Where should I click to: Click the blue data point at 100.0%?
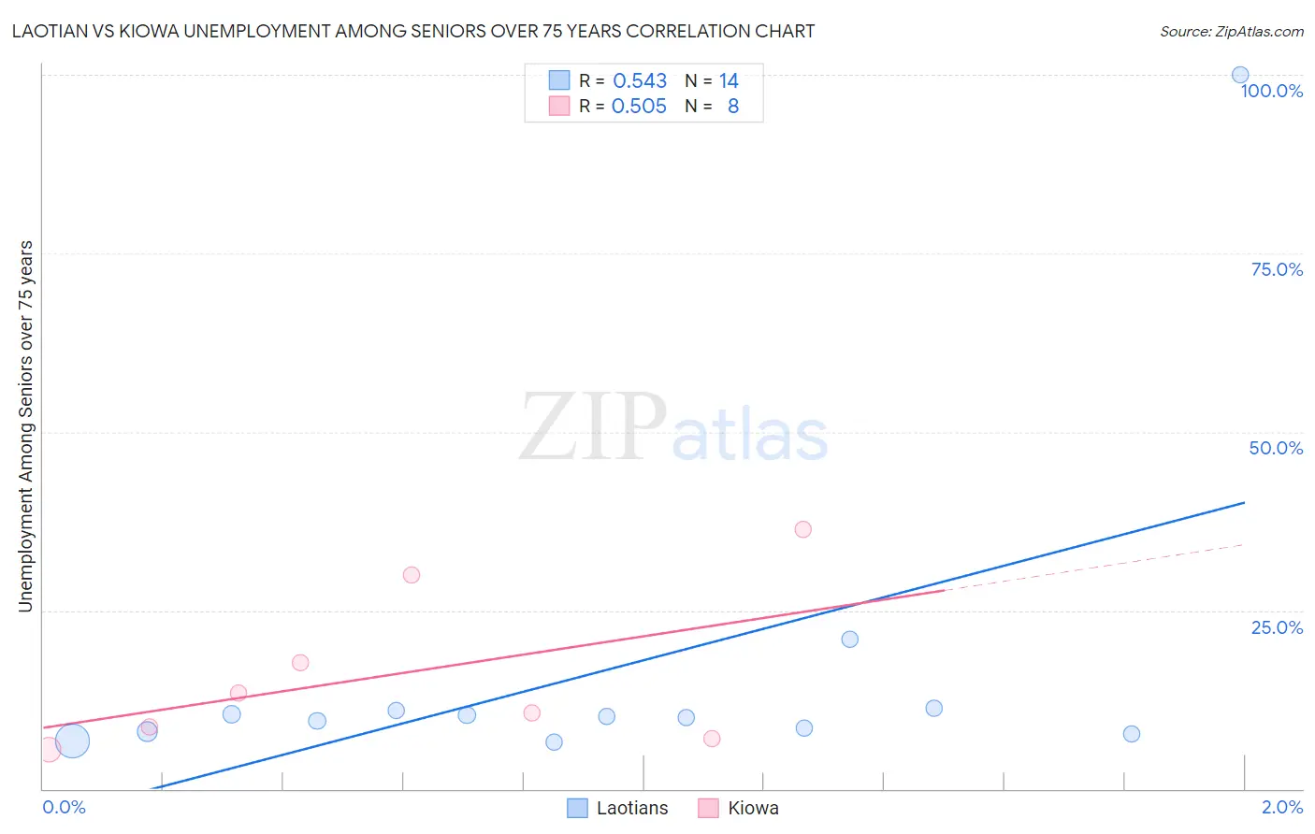click(x=1239, y=75)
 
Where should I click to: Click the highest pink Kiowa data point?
click(x=802, y=529)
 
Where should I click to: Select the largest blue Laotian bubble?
click(x=72, y=741)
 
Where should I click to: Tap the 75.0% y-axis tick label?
click(x=1277, y=269)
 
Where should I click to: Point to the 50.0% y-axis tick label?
click(x=1276, y=448)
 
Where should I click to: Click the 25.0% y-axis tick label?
click(x=1277, y=627)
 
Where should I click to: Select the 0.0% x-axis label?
click(x=64, y=807)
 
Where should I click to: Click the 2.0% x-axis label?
click(x=1282, y=807)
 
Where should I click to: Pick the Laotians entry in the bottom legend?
click(x=632, y=808)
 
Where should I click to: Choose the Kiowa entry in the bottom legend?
click(x=753, y=808)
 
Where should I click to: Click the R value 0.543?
click(x=640, y=81)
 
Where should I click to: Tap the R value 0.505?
click(x=639, y=107)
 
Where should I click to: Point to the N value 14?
click(x=729, y=81)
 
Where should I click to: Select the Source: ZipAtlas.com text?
click(x=1231, y=31)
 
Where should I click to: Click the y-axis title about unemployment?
click(x=25, y=426)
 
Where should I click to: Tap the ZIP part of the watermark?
click(x=592, y=427)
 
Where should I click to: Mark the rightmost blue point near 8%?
click(x=1131, y=734)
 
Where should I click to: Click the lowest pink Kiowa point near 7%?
click(x=712, y=739)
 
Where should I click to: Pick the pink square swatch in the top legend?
click(x=559, y=107)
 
